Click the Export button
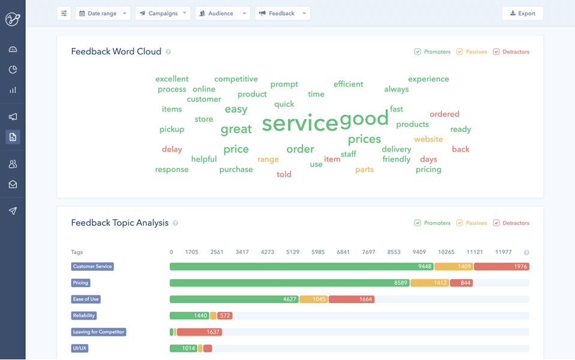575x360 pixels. pos(522,13)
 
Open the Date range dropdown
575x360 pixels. pos(102,13)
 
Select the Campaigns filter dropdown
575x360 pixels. pos(162,13)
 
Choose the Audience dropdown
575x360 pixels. pos(222,13)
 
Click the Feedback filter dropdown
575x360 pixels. pos(282,13)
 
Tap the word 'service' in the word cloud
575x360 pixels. pos(300,123)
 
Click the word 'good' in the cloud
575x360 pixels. pos(364,119)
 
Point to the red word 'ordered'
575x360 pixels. pos(444,114)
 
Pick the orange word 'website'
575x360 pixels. pos(428,139)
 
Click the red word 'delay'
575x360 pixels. pos(172,149)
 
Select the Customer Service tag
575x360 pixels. pos(92,267)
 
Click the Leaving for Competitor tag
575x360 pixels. pos(98,332)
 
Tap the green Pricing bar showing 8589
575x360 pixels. pos(289,283)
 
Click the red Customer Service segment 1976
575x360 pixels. pos(501,267)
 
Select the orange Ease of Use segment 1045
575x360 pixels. pos(313,299)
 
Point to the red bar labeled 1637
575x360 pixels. pos(199,332)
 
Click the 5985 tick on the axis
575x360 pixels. pos(318,252)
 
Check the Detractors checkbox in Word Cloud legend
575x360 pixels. pos(496,52)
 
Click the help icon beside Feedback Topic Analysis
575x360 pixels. pos(175,223)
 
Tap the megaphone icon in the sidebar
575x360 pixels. pos(13,117)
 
